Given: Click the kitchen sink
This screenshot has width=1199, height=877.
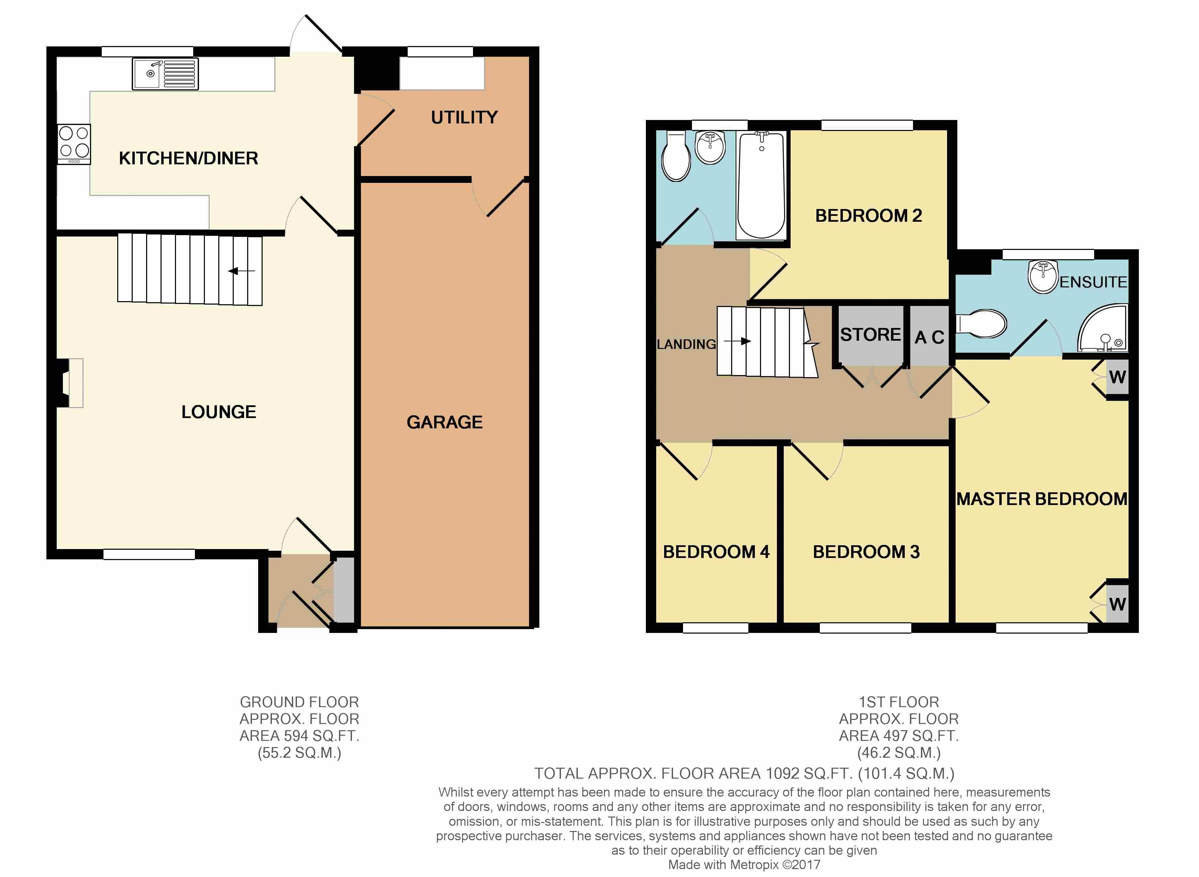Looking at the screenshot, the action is pyautogui.click(x=165, y=74).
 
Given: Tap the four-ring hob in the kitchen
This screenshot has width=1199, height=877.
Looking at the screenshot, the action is pyautogui.click(x=74, y=144).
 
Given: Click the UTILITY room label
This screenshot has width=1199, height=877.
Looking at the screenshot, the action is pyautogui.click(x=464, y=117).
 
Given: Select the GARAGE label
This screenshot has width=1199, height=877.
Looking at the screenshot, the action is pyautogui.click(x=445, y=422).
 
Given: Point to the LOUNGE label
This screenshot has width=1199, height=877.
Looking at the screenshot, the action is pyautogui.click(x=219, y=412).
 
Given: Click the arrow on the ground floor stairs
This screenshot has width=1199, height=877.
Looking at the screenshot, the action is pyautogui.click(x=242, y=271).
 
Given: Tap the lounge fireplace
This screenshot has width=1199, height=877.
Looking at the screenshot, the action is pyautogui.click(x=69, y=383).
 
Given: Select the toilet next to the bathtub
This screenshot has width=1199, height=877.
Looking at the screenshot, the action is pyautogui.click(x=676, y=157).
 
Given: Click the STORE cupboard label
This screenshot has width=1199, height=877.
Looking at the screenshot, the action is pyautogui.click(x=870, y=335).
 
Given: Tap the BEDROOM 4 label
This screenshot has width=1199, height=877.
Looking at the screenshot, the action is pyautogui.click(x=716, y=552).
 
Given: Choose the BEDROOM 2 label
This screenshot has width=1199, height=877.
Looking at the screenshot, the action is pyautogui.click(x=868, y=216).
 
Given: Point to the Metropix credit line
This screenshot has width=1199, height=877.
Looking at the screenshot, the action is pyautogui.click(x=744, y=865).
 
